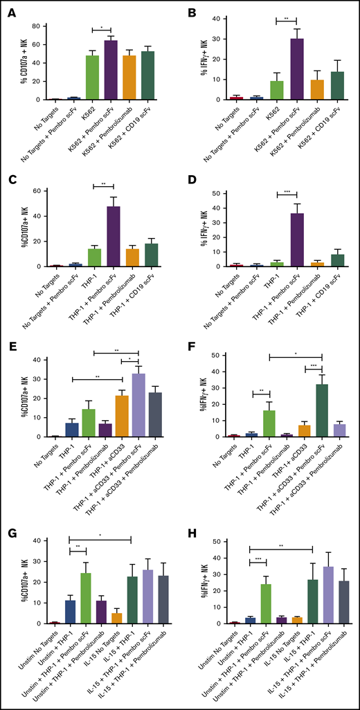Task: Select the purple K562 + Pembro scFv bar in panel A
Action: [x=110, y=70]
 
